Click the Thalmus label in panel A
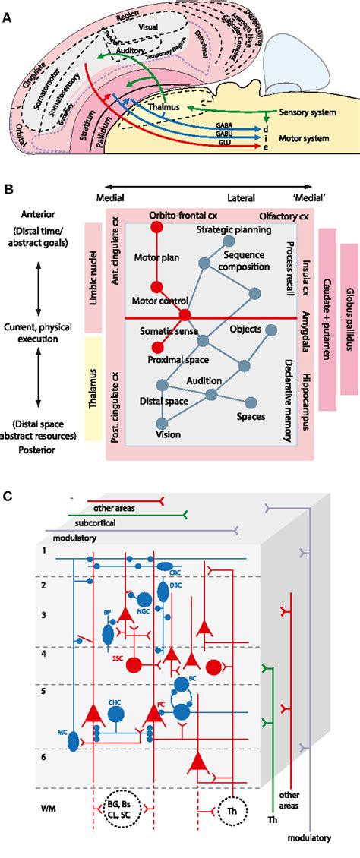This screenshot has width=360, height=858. [164, 107]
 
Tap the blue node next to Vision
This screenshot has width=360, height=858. [160, 424]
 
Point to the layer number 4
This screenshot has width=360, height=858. [43, 653]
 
